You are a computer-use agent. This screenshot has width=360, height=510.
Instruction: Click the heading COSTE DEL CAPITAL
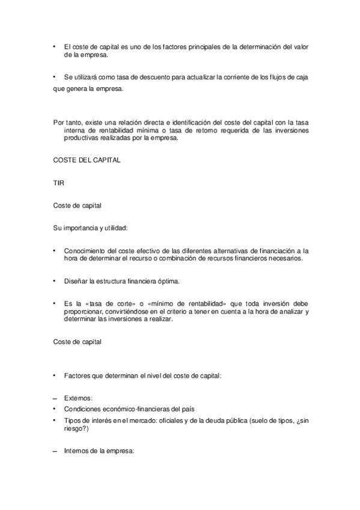click(87, 161)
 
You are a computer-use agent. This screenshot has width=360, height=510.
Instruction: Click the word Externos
click(78, 398)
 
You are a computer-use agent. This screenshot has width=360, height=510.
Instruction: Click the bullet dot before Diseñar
click(55, 281)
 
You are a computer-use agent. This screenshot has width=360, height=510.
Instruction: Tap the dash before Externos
click(55, 398)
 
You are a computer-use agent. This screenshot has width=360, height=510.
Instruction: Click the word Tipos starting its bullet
click(73, 420)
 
